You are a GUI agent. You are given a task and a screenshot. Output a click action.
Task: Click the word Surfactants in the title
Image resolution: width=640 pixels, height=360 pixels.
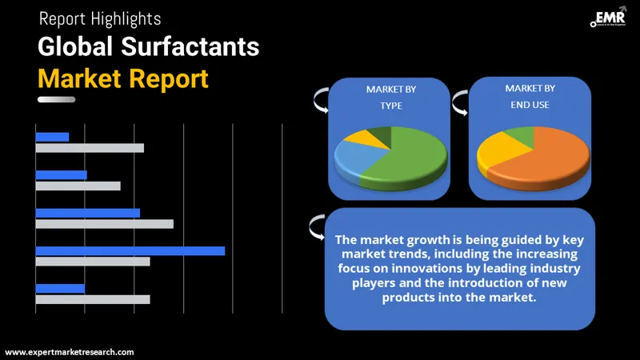pos(190,46)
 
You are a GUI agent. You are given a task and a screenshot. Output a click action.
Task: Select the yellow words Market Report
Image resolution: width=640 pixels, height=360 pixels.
pos(123,78)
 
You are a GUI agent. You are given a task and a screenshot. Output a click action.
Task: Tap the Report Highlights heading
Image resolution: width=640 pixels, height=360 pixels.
pos(99,18)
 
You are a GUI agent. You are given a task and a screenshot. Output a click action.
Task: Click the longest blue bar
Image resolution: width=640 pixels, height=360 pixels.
pos(130,250)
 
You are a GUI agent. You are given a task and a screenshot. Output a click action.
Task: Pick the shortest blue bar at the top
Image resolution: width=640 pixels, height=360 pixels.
pos(52,137)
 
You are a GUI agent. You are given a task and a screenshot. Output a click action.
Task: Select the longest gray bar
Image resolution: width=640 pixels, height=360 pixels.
pos(104,224)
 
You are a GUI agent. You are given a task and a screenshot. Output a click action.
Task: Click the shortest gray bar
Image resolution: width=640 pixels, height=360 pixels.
pos(78,186)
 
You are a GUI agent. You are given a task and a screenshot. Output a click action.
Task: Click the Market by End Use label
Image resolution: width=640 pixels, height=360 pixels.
pos(528,96)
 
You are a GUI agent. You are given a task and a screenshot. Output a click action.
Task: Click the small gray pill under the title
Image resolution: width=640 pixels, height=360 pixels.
pos(56,99)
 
